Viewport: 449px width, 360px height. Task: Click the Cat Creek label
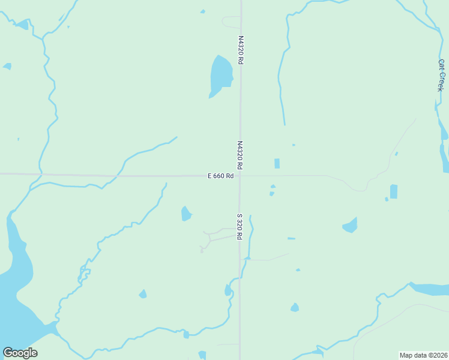pos(441,75)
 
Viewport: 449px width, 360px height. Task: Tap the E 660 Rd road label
pos(220,176)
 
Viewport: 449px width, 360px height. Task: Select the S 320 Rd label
pos(239,226)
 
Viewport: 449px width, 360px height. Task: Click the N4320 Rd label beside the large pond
pos(241,50)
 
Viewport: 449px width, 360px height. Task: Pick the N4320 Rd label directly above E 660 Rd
pos(240,155)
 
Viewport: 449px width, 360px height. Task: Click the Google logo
pos(20,353)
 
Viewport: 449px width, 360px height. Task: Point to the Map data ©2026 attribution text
pos(424,355)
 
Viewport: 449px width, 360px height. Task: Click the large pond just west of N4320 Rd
pos(220,76)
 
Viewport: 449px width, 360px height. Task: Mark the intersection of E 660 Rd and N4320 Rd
pos(240,176)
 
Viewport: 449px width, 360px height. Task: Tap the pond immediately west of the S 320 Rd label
pos(186,214)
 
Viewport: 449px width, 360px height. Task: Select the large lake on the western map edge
pos(15,282)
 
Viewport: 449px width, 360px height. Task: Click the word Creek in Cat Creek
pos(441,81)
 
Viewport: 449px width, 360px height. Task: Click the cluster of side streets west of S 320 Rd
pos(213,237)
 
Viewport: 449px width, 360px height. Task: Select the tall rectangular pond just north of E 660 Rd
pos(277,163)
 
